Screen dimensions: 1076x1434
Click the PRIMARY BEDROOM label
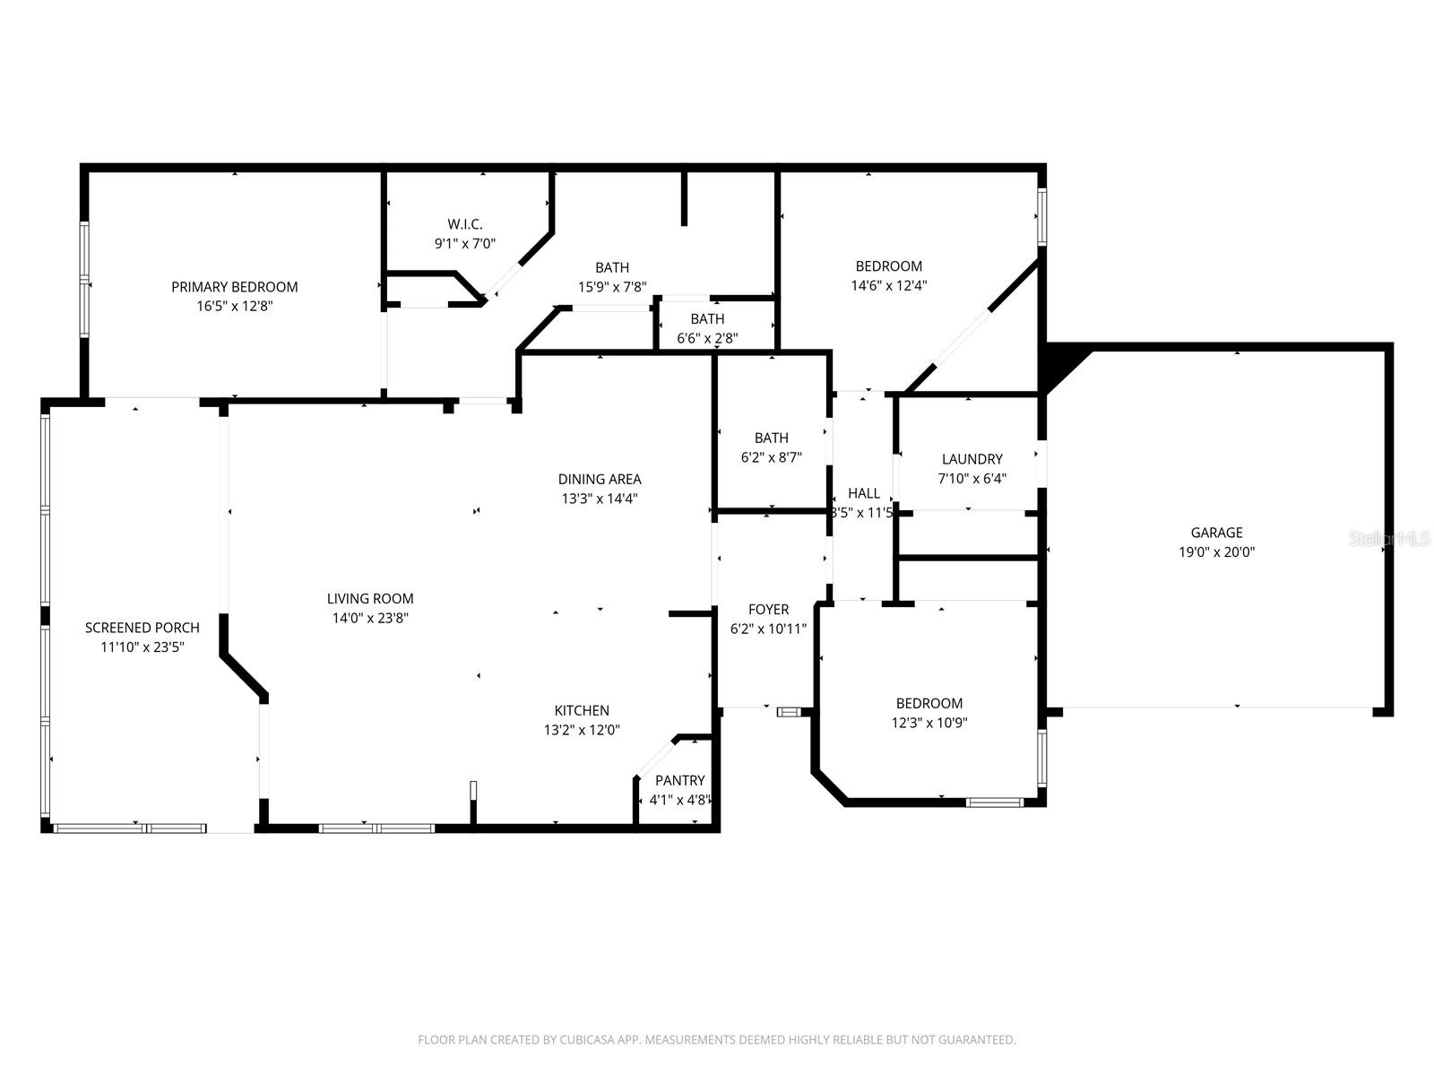[234, 287]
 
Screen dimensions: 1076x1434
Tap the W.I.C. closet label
[465, 224]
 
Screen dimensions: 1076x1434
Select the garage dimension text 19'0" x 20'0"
[1216, 552]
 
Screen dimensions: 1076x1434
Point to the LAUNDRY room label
[972, 459]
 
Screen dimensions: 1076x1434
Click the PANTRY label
[679, 780]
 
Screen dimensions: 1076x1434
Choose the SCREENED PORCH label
[142, 628]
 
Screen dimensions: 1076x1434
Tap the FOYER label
[768, 610]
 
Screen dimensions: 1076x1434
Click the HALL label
[863, 493]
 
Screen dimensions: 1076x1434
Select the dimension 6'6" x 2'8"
[707, 338]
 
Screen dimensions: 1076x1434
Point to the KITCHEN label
[581, 711]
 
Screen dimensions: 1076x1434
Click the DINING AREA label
[600, 479]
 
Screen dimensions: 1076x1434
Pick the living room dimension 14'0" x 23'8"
[370, 618]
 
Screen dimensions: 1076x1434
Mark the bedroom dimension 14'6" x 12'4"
[888, 285]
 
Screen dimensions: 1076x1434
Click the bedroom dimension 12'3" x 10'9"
[929, 723]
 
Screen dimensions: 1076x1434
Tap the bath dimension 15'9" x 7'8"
[612, 287]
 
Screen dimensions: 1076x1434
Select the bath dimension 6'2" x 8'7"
[771, 456]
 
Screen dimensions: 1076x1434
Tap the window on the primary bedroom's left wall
[84, 280]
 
